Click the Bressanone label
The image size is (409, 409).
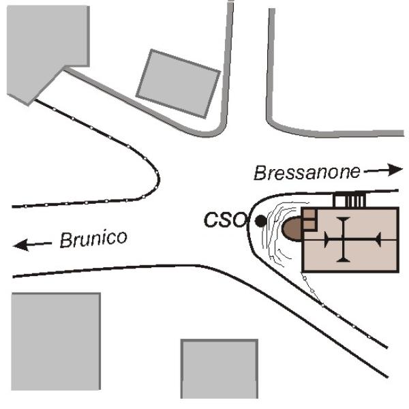point(307,172)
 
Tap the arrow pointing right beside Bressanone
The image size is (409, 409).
point(383,170)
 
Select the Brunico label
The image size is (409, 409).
point(93,239)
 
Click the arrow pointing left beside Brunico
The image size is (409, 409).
point(32,245)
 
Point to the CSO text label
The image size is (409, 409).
point(226,220)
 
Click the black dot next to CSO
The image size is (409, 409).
point(260,222)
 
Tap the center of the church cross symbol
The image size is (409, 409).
point(344,239)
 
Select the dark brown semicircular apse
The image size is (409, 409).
point(292,229)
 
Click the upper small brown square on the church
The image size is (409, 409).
point(309,214)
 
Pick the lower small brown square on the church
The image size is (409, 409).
point(309,224)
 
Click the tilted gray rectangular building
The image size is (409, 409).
point(179,84)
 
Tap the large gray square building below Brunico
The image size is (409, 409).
point(56,342)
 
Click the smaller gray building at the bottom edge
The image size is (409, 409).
point(219,369)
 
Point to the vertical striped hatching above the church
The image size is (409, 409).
point(354,200)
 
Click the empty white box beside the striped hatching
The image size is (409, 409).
point(340,201)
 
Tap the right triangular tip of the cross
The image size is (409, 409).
point(378,239)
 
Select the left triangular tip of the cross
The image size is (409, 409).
point(327,239)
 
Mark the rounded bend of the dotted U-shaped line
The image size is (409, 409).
point(158,179)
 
